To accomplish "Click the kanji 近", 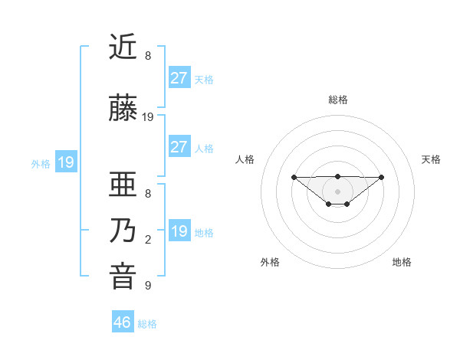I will (x=123, y=47).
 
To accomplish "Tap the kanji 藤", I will (x=123, y=110).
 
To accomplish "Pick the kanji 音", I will (x=123, y=277).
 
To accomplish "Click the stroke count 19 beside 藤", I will (x=148, y=117).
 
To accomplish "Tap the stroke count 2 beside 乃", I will (x=148, y=240).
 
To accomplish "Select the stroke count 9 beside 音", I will (x=148, y=286).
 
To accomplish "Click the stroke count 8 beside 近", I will (x=148, y=56).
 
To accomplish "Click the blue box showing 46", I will (x=123, y=322).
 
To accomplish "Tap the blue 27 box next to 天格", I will (x=179, y=77).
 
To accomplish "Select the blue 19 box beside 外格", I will (x=65, y=162).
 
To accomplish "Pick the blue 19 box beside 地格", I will (x=179, y=231).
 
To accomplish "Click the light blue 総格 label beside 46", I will (x=147, y=324).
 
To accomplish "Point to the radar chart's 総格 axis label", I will (x=337, y=100).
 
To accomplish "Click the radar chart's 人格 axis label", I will (x=245, y=159).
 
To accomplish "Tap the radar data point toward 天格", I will (x=382, y=177).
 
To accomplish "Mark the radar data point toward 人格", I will (x=294, y=177).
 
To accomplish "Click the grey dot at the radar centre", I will (x=337, y=191).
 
